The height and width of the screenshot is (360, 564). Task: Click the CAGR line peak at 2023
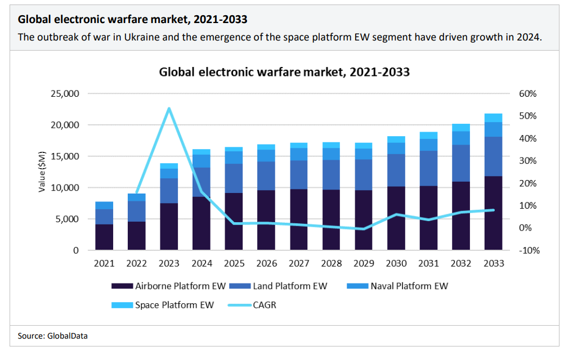[x=169, y=109]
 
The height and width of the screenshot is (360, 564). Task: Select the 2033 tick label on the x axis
[x=494, y=263]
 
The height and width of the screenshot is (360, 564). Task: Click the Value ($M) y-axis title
[x=42, y=172]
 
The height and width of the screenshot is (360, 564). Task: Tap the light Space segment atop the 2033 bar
[x=494, y=118]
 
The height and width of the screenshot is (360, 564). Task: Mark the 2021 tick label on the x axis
[x=104, y=263]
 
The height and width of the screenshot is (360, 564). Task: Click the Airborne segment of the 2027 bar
[x=299, y=219]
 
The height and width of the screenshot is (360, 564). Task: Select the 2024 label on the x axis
[x=202, y=263]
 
